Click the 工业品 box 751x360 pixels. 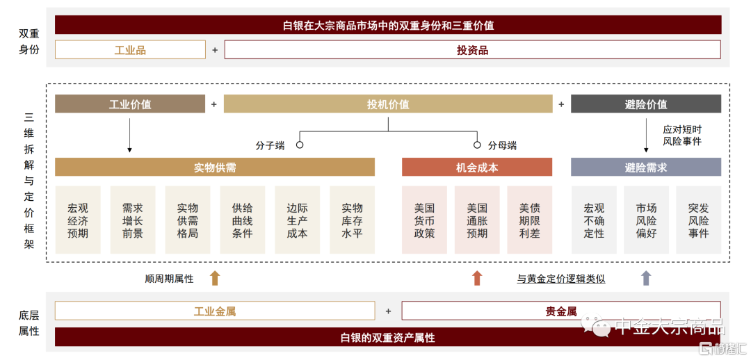pos(130,50)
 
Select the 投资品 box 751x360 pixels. pos(473,50)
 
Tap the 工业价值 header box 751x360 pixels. pos(130,104)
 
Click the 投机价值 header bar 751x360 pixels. pos(388,104)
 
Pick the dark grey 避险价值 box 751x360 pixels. pos(645,104)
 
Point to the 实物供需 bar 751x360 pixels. pos(215,167)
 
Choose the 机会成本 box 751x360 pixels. pos(476,167)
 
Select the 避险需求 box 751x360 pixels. pos(645,167)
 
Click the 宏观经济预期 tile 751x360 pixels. pos(78,220)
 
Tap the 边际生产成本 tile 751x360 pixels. pos(298,220)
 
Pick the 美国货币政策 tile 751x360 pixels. pos(424,220)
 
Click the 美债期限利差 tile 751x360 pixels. pos(530,220)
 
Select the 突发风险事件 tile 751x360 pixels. pos(698,220)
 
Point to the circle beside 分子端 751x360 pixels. pos(300,145)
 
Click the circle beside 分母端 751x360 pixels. pos(477,145)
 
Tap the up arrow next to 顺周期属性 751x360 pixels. pos(215,278)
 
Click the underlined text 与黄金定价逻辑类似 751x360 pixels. pos(561,279)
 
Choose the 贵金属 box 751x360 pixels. pos(561,311)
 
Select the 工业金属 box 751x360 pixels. pos(215,311)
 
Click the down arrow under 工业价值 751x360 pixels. pos(129,136)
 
